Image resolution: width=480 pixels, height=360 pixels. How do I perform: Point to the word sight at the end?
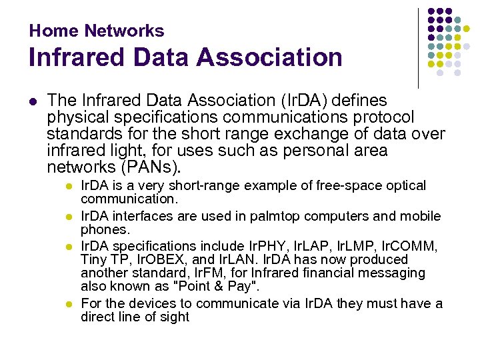tap(174, 317)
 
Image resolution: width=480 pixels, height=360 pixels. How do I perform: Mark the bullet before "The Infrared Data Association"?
tap(33, 101)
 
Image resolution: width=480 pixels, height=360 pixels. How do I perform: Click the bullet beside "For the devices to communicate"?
tap(67, 304)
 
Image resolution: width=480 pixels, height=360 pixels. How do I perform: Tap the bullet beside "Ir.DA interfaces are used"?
tap(67, 217)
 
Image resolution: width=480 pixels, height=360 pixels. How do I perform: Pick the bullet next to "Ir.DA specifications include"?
tap(67, 246)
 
